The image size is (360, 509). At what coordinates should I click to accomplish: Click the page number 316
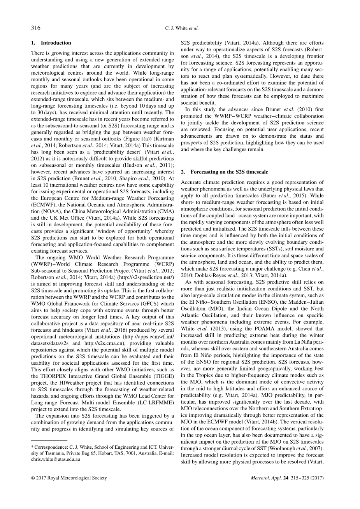click(x=35, y=28)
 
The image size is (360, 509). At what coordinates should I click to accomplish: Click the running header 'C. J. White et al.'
click(x=180, y=28)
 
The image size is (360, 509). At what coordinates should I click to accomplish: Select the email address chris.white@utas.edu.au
click(x=56, y=459)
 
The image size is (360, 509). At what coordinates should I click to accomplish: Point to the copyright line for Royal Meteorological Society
click(x=68, y=478)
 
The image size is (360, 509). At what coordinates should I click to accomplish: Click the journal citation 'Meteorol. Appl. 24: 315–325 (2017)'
click(x=288, y=478)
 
